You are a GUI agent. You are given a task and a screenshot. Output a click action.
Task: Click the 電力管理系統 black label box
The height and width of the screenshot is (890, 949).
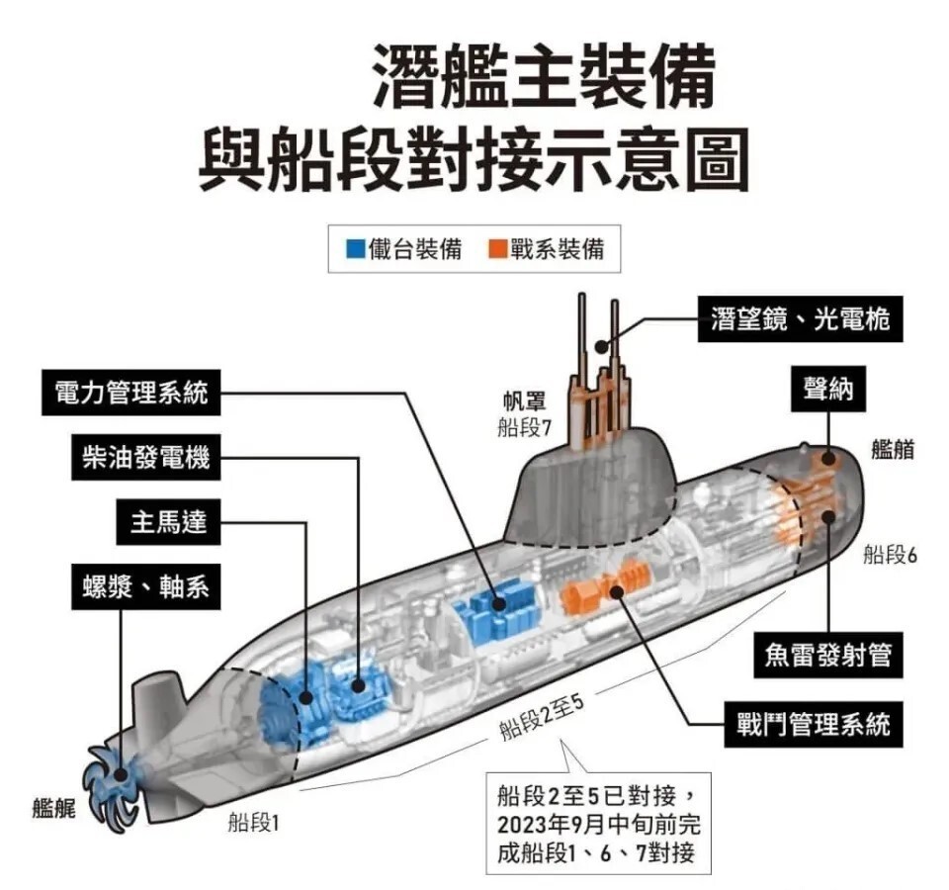pyautogui.click(x=130, y=393)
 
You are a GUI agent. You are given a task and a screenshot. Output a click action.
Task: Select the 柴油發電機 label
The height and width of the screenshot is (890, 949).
pyautogui.click(x=146, y=457)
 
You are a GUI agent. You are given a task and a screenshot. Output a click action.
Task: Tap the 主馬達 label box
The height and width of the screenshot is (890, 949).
pyautogui.click(x=168, y=522)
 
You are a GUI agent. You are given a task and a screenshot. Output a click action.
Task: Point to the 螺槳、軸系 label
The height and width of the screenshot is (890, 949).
pyautogui.click(x=146, y=586)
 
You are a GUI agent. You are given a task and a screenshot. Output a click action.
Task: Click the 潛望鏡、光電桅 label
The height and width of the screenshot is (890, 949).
pyautogui.click(x=800, y=319)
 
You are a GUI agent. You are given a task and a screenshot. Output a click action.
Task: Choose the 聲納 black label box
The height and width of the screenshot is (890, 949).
pyautogui.click(x=828, y=389)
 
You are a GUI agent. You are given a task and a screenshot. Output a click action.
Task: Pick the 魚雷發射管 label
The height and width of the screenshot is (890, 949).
pyautogui.click(x=828, y=655)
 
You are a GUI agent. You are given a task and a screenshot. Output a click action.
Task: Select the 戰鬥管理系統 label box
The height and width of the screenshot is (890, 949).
pyautogui.click(x=814, y=724)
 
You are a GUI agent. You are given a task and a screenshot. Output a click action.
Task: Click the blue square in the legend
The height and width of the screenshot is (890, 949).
pyautogui.click(x=355, y=249)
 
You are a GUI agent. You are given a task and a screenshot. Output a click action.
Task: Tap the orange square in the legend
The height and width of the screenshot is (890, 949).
pyautogui.click(x=497, y=249)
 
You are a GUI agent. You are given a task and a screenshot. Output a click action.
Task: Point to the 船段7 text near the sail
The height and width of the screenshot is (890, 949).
pyautogui.click(x=524, y=427)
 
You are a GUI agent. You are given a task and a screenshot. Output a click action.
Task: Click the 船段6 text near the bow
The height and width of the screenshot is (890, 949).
pyautogui.click(x=890, y=554)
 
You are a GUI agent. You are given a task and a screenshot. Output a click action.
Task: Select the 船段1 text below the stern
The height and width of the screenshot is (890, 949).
pyautogui.click(x=253, y=823)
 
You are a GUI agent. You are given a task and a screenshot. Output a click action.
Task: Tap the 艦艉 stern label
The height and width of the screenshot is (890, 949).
pyautogui.click(x=53, y=808)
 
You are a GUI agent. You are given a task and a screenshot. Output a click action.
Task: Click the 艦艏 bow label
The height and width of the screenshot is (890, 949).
pyautogui.click(x=893, y=450)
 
